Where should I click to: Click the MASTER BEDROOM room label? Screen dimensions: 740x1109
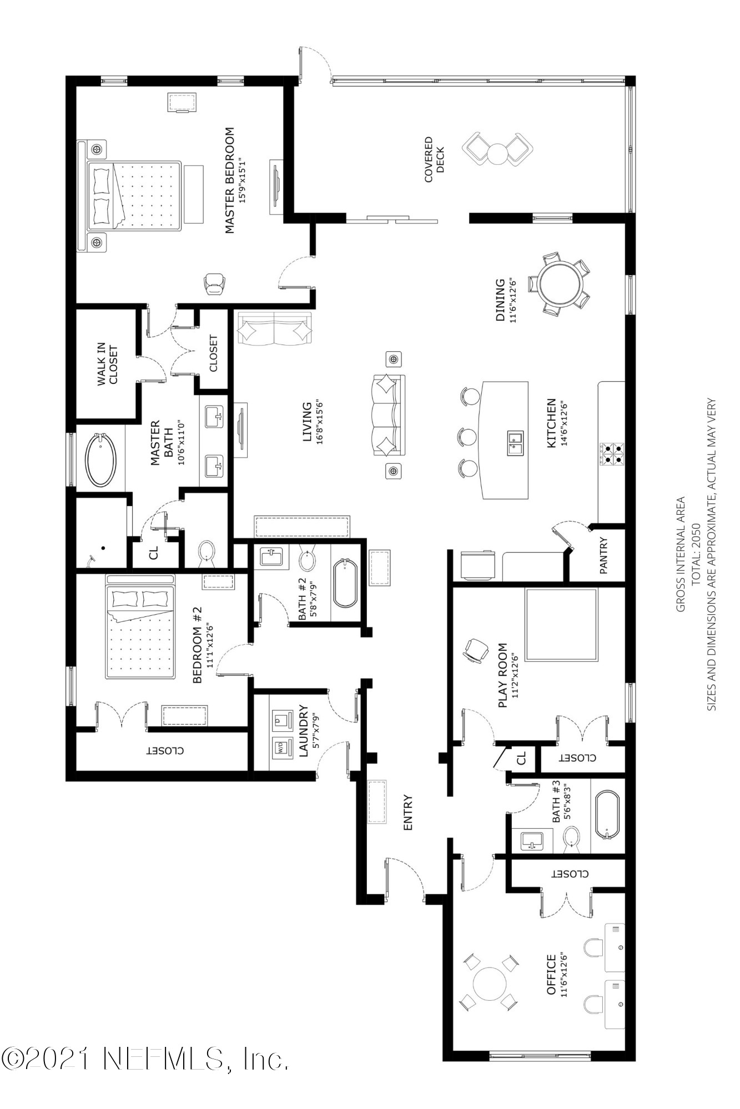point(229,180)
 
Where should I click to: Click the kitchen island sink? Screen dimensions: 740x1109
point(515,442)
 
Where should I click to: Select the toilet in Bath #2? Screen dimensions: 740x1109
point(308,559)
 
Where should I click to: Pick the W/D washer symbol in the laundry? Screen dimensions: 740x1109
point(282,747)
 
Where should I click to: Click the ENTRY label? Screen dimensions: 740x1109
point(408,813)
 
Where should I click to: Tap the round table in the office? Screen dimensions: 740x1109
point(490,984)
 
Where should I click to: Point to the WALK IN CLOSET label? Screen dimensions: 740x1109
point(108,364)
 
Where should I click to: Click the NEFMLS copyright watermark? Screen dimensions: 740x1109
point(145,1059)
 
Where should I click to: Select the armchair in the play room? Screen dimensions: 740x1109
point(476,650)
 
